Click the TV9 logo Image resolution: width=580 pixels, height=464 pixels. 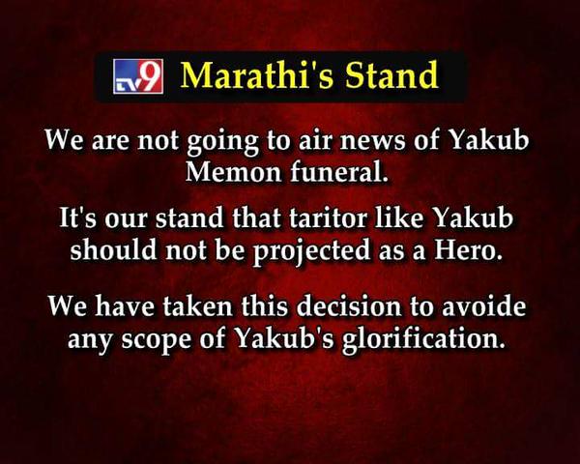pyautogui.click(x=138, y=75)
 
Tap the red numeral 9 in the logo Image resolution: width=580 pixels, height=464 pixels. pyautogui.click(x=151, y=74)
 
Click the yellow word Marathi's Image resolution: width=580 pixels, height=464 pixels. pyautogui.click(x=256, y=75)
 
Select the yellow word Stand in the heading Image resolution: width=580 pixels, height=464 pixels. pyautogui.click(x=391, y=75)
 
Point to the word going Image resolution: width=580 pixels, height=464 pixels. pyautogui.click(x=222, y=142)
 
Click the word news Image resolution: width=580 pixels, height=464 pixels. pyautogui.click(x=372, y=141)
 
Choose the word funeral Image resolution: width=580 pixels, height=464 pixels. pyautogui.click(x=340, y=171)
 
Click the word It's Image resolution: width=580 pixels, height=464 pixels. pyautogui.click(x=78, y=217)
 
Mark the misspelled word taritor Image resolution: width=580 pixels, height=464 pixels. pyautogui.click(x=328, y=217)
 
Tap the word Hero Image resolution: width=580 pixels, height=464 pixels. pyautogui.click(x=469, y=249)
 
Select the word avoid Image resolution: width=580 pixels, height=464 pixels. pyautogui.click(x=484, y=306)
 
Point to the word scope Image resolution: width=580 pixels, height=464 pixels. pyautogui.click(x=158, y=339)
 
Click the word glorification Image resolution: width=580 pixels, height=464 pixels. pyautogui.click(x=424, y=338)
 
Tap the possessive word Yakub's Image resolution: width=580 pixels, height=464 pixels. pyautogui.click(x=285, y=337)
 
